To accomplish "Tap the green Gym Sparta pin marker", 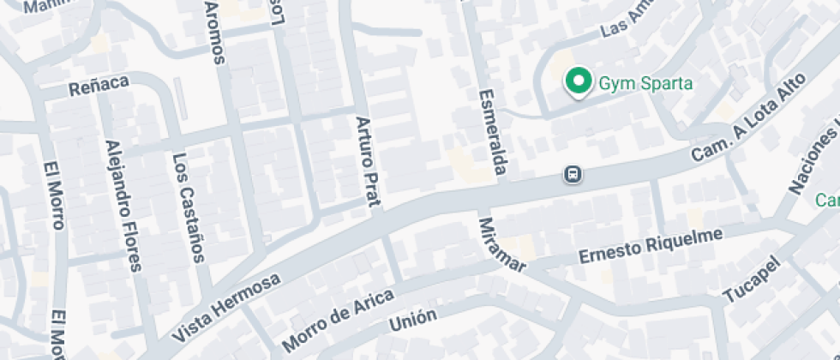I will click(579, 81).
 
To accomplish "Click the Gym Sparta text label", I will click(634, 83).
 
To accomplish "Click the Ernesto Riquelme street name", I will click(651, 244).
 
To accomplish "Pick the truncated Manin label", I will click(45, 7).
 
